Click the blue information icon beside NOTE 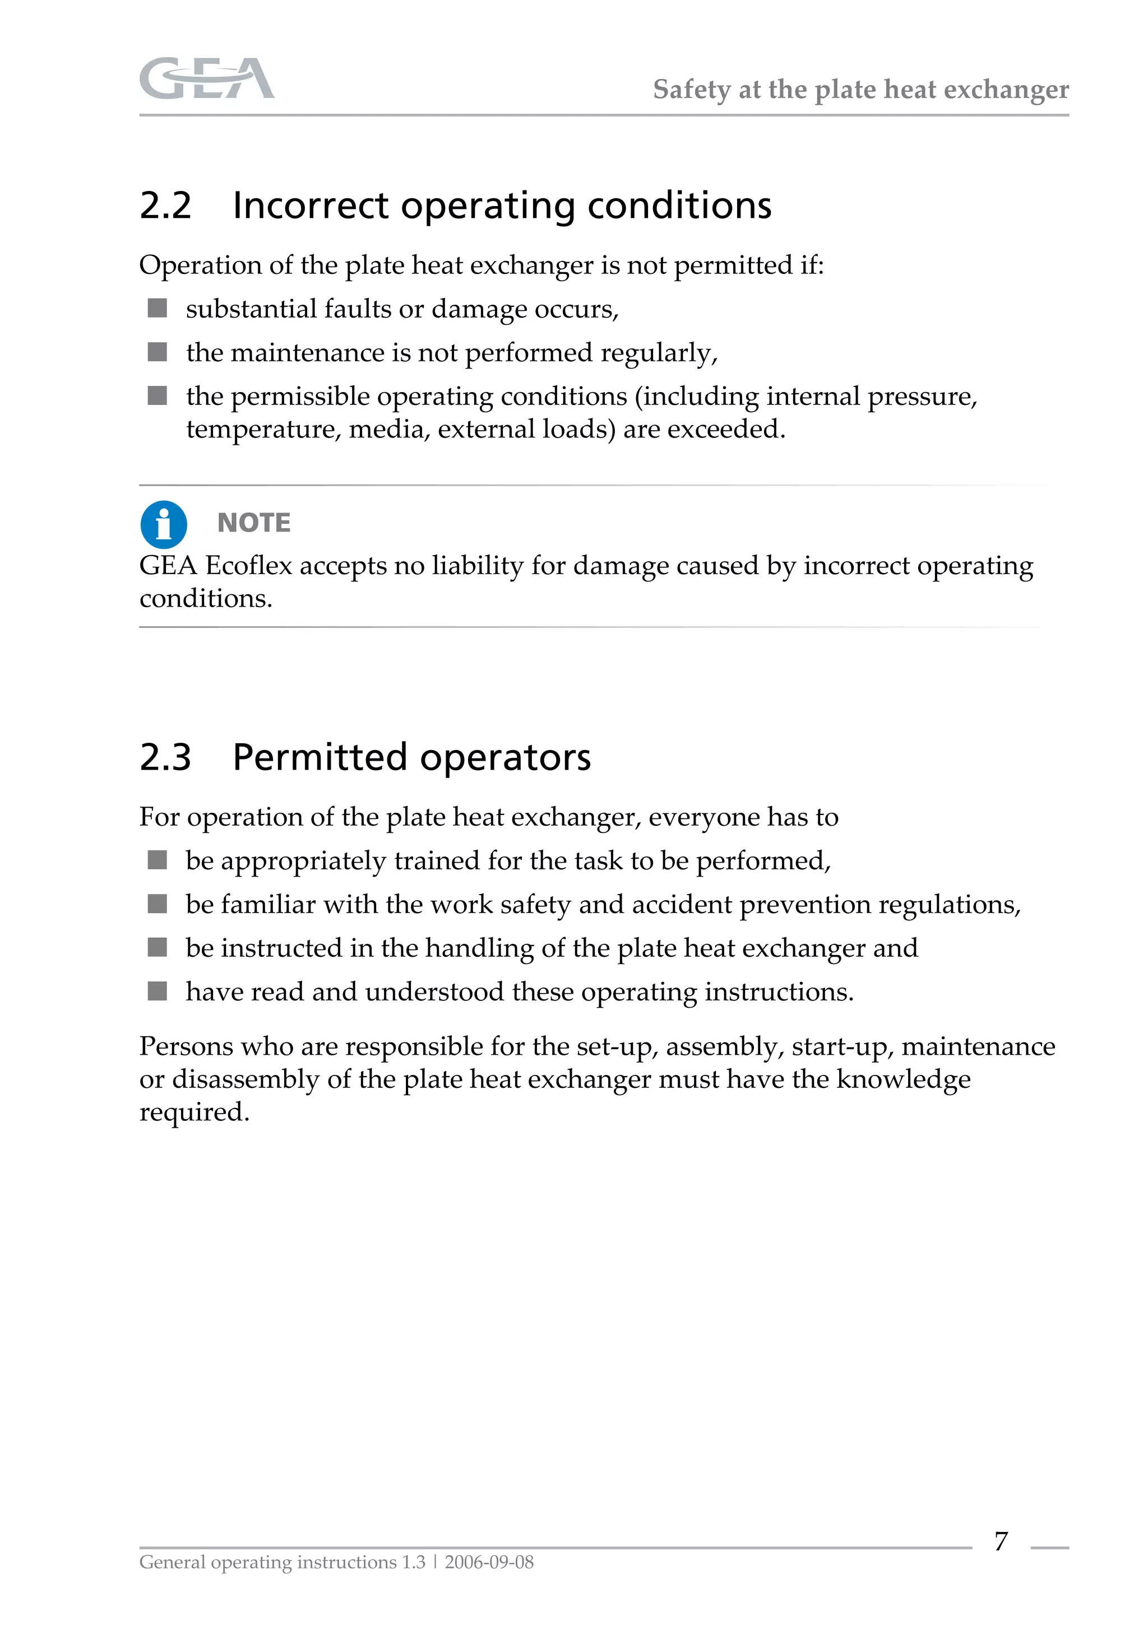point(164,524)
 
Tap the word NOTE point(253,523)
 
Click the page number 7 point(1001,1541)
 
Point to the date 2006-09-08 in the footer point(489,1562)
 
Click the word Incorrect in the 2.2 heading point(310,206)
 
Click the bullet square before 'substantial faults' point(157,308)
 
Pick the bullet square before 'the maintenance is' point(157,352)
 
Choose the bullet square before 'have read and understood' point(157,991)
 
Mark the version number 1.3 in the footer point(414,1562)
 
